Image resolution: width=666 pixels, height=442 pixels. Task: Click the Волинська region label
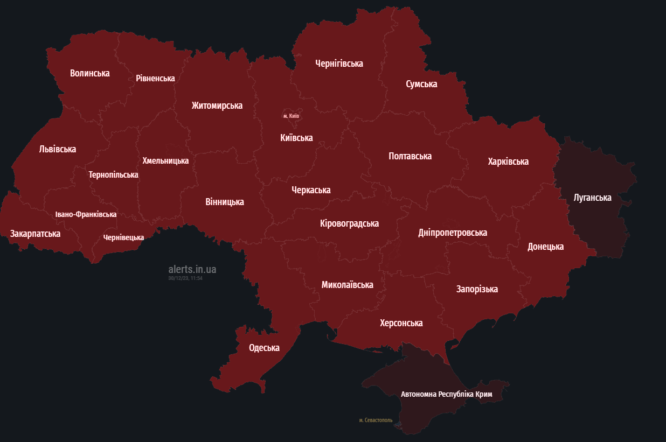click(x=89, y=73)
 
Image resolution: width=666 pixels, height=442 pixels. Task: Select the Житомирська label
click(x=217, y=106)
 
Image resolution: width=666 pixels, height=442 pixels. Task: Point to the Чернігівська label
click(x=339, y=64)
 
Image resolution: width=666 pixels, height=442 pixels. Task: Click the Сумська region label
click(x=421, y=84)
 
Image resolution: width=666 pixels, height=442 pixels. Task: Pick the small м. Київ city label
click(x=291, y=116)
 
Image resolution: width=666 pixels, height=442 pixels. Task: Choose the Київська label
click(x=296, y=138)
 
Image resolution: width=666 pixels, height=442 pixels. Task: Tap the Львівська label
click(x=58, y=149)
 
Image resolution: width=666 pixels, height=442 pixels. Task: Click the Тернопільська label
click(x=113, y=175)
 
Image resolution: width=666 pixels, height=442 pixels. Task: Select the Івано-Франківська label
click(x=86, y=214)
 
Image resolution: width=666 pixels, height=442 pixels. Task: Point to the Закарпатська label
click(x=35, y=234)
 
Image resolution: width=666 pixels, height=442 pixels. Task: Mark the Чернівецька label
click(x=123, y=237)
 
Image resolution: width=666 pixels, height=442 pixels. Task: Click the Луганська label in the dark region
click(x=592, y=198)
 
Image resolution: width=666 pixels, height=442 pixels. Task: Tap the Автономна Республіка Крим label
click(x=446, y=394)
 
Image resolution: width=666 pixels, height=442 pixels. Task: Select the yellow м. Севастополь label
click(x=376, y=420)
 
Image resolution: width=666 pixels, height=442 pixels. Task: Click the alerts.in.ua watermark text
click(x=192, y=269)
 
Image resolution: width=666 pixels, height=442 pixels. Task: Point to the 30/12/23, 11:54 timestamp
click(x=185, y=278)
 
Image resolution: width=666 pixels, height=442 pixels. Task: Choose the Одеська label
click(x=264, y=348)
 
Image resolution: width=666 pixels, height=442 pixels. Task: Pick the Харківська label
click(x=508, y=162)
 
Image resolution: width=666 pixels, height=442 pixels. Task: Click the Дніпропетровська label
click(x=453, y=233)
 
